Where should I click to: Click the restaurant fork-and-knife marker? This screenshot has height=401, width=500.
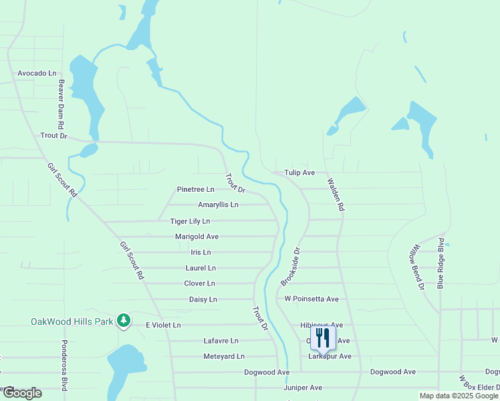coord(323,338)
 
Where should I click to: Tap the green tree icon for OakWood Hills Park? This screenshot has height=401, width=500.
coord(123,321)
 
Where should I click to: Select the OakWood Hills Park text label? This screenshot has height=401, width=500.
coord(71,321)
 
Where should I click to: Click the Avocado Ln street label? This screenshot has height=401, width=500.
coord(37,73)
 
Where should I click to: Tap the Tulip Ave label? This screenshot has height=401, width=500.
coord(299,172)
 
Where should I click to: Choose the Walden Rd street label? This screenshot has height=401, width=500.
coord(336,194)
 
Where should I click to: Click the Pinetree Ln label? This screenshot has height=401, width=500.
coord(195,190)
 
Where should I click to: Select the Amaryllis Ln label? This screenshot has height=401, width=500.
coord(218,205)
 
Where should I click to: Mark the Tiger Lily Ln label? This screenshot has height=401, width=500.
coord(190,221)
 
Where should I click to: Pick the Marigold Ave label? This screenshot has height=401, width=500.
coord(197,237)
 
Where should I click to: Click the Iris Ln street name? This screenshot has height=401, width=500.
coord(201,253)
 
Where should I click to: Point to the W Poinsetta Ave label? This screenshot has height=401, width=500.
coord(311,299)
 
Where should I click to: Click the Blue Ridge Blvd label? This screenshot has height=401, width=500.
coord(441,263)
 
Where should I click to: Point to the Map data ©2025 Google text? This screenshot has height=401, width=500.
coord(459,396)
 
